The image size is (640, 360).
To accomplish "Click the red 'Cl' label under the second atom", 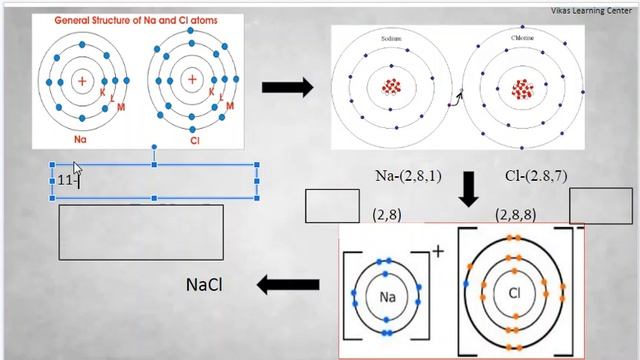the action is click(194, 141).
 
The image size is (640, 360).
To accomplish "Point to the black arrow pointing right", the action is click(288, 88).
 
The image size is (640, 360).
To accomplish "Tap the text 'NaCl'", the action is click(205, 285).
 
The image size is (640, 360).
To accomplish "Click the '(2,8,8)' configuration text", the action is click(517, 215).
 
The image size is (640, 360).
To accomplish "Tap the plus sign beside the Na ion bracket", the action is click(437, 251).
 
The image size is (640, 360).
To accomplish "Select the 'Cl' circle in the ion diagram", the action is click(516, 293).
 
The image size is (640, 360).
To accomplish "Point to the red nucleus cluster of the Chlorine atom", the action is click(522, 89).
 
